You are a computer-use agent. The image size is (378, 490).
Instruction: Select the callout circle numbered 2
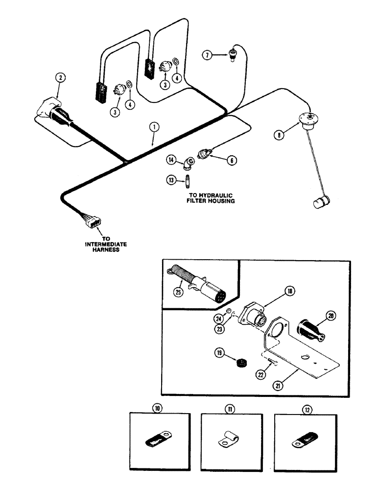pos(60,77)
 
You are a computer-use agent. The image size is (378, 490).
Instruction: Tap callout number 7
pos(208,56)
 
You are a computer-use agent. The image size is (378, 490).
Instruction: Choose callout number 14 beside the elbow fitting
pos(171,159)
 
